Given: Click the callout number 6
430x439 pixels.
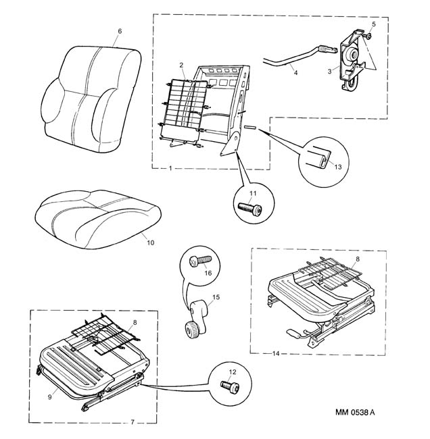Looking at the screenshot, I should (x=120, y=31).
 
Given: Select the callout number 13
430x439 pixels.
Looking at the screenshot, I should (x=338, y=167).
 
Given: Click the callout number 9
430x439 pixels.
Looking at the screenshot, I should (x=49, y=397).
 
